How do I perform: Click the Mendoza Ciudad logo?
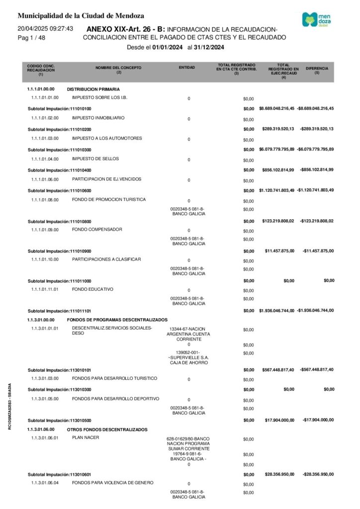click(x=319, y=20)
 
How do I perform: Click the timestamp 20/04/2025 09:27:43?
click(x=45, y=29)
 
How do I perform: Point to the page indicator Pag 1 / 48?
click(x=31, y=38)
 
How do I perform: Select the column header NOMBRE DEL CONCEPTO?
click(x=118, y=69)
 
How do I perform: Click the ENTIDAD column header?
click(x=187, y=67)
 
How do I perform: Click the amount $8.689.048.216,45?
click(x=277, y=108)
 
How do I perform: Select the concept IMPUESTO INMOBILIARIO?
click(x=98, y=118)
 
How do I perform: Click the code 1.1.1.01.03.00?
click(x=45, y=139)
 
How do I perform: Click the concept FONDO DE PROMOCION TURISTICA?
click(x=109, y=200)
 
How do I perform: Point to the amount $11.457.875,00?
click(x=279, y=251)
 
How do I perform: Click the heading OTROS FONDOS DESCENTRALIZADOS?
click(x=107, y=429)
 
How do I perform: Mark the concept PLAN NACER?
click(x=86, y=438)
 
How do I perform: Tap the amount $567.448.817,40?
click(x=278, y=370)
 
